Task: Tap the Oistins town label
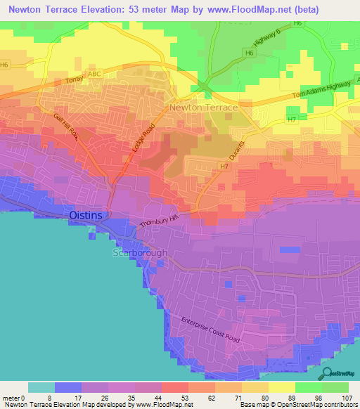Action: point(89,215)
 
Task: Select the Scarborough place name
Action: point(141,253)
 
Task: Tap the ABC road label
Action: point(94,73)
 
